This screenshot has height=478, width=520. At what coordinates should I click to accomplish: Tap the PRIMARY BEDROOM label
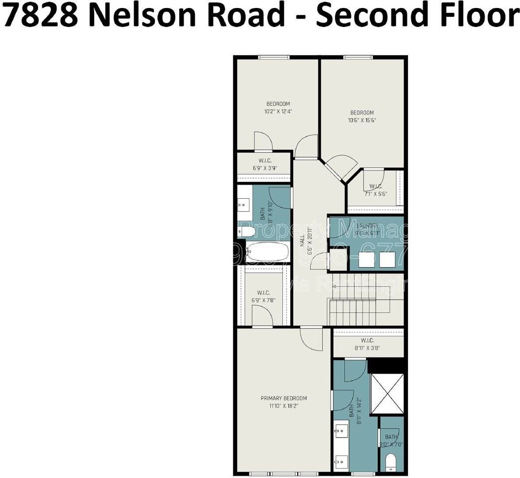pos(284,398)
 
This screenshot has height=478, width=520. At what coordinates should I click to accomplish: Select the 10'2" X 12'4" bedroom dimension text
pos(278,112)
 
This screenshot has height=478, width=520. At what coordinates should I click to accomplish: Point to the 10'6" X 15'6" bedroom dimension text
pos(361,119)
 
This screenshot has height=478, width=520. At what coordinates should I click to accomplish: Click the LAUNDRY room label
pos(368,225)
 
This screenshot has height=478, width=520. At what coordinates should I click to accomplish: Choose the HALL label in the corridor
pos(302,242)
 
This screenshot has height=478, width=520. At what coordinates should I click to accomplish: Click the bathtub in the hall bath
pos(267,252)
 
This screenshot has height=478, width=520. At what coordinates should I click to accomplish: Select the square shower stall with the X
pos(387,393)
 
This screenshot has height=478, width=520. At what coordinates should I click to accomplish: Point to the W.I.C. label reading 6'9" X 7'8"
pos(263,296)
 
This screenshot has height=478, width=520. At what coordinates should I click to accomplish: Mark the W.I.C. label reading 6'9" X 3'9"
pos(264,164)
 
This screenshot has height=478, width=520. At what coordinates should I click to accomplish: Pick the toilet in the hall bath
pos(247,232)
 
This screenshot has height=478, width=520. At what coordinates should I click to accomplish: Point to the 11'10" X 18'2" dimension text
pos(284,406)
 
